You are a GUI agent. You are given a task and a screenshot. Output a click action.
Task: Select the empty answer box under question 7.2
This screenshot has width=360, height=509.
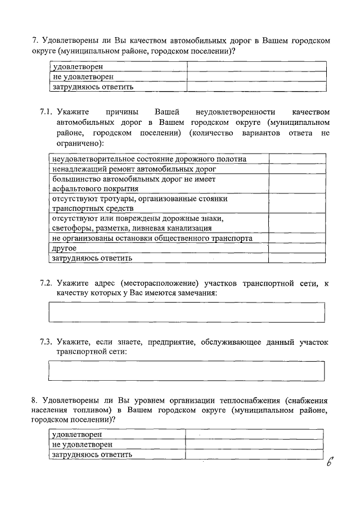point(187,312)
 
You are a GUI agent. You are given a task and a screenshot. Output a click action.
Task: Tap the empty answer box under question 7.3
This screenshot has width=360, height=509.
point(187,371)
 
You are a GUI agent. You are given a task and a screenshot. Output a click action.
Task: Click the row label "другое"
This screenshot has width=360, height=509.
point(65,248)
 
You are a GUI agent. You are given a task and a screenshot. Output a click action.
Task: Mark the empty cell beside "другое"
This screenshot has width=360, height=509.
point(296,248)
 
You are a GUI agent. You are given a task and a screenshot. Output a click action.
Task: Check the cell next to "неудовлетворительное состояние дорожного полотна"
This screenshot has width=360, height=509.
point(296,159)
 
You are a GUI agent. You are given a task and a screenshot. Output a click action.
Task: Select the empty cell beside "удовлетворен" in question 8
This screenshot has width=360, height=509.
point(255,435)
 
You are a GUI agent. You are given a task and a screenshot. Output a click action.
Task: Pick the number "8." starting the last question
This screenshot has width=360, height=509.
point(34,400)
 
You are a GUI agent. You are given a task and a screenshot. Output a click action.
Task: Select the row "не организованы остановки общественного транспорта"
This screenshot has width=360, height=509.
point(152,238)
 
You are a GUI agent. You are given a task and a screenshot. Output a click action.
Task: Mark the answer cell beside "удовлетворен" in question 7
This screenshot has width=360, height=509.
point(256,67)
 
